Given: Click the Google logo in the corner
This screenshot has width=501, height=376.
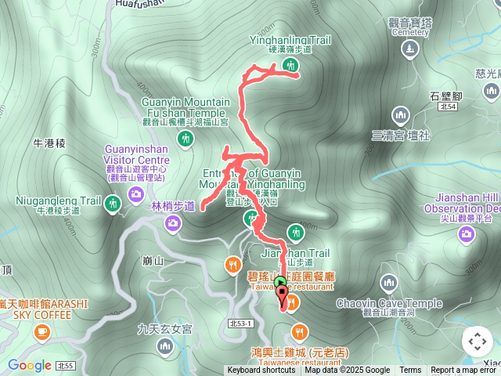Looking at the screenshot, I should pos(30,365).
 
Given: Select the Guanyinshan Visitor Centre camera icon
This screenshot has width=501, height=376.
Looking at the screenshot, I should pos(136,193).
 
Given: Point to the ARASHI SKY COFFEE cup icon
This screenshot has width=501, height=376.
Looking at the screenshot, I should pos(41,332).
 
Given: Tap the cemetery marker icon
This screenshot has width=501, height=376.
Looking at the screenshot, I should pos(409,49).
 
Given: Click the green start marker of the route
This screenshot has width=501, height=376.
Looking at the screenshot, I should pos(281,282).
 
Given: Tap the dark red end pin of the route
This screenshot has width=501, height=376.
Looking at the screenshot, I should pos(283,295).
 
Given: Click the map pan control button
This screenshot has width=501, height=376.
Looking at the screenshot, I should pos(477,341).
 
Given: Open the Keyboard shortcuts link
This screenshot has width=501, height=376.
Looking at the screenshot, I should pos(261,371).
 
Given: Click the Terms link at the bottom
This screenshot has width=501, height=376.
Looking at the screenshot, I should pos(410,371).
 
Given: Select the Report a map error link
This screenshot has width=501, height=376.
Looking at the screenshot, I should pos(463,371).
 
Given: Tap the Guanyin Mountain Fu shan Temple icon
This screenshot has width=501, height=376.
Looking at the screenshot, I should pos(185,139).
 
